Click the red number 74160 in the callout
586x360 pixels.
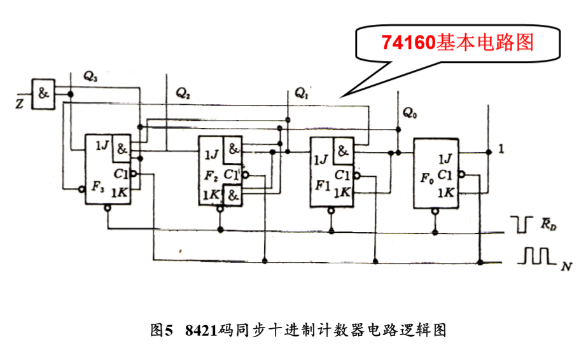[x=408, y=43]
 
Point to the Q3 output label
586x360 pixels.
[x=90, y=76]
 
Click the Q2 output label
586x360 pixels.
[x=183, y=93]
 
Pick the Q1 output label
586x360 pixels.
[x=301, y=93]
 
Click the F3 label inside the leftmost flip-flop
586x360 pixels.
[x=97, y=187]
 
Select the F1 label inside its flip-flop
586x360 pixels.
[x=323, y=189]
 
